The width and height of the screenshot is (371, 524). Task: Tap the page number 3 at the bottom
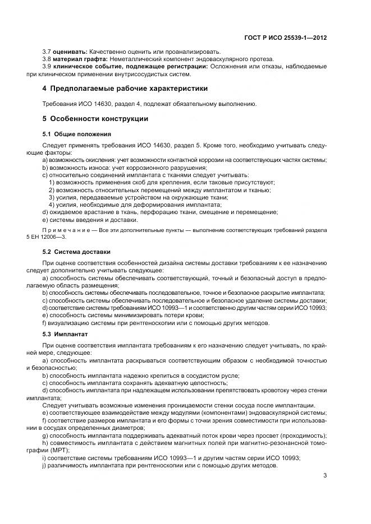click(x=325, y=476)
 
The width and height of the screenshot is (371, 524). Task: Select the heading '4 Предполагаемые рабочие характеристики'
click(x=125, y=89)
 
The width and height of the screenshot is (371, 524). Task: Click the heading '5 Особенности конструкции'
click(x=95, y=119)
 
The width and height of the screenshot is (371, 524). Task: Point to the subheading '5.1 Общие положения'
click(x=77, y=134)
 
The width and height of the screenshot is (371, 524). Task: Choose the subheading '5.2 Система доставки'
click(x=76, y=251)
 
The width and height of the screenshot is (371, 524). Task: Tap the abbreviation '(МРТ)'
click(x=59, y=450)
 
